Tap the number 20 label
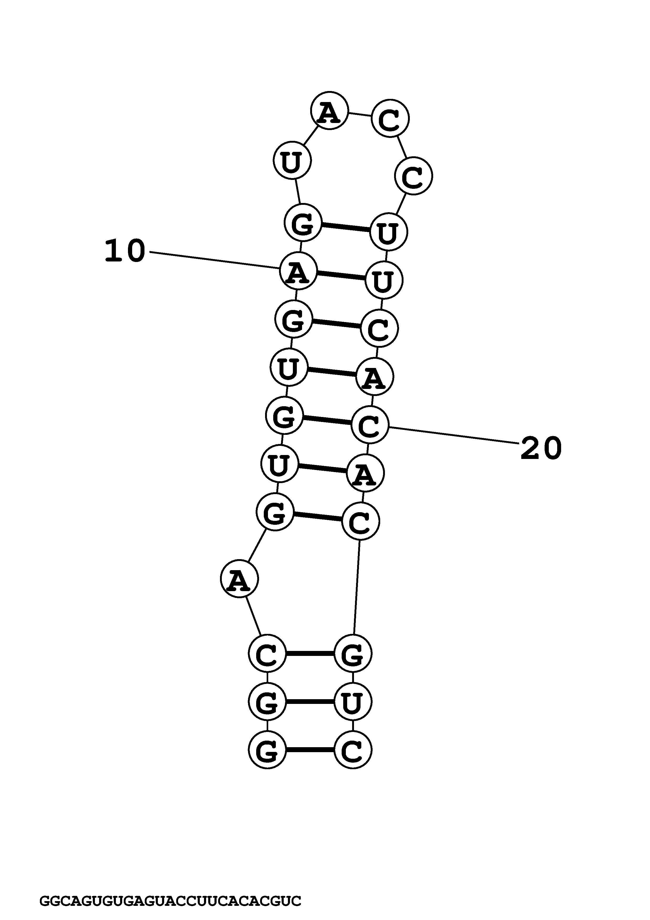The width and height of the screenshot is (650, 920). coord(541,448)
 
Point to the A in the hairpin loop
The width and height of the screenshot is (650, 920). coord(329,111)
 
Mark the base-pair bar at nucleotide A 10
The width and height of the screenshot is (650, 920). coord(341,276)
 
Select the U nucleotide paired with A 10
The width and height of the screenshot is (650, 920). coord(384,280)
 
